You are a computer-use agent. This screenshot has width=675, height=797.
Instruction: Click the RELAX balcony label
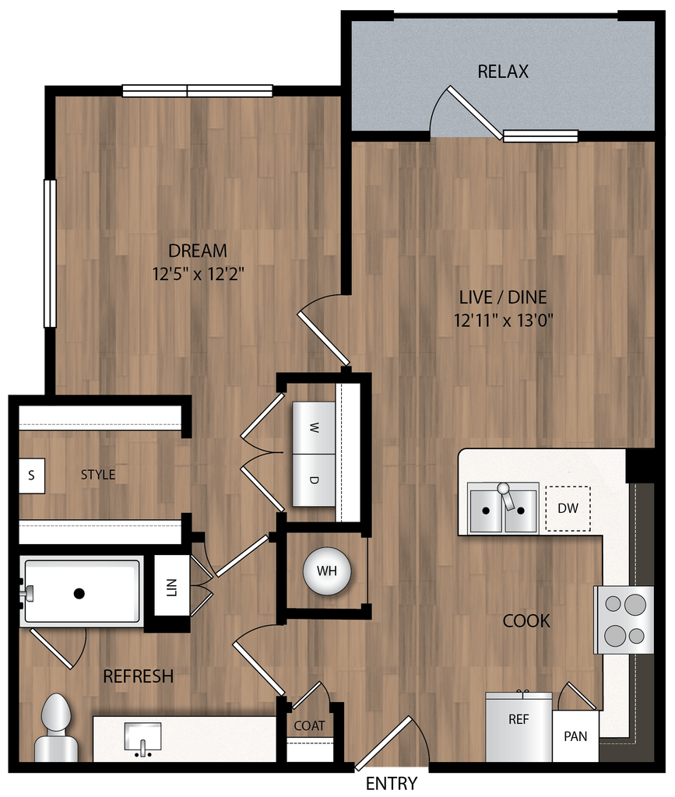pyautogui.click(x=502, y=72)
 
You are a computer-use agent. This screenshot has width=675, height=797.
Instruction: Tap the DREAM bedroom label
pyautogui.click(x=198, y=251)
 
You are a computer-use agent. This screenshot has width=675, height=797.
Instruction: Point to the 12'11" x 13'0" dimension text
pyautogui.click(x=503, y=320)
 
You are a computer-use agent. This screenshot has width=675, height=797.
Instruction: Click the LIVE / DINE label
pyautogui.click(x=503, y=297)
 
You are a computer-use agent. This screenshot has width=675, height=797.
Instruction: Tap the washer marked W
pyautogui.click(x=315, y=427)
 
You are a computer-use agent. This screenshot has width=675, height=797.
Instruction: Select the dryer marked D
pyautogui.click(x=315, y=479)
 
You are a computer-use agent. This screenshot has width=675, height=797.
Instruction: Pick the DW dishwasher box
pyautogui.click(x=568, y=508)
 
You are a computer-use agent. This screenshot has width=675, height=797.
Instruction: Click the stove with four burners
pyautogui.click(x=624, y=620)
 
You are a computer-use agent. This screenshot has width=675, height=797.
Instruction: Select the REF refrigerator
pyautogui.click(x=519, y=726)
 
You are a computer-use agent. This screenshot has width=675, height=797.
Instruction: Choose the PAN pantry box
pyautogui.click(x=575, y=736)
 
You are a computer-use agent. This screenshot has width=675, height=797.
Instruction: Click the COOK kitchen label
pyautogui.click(x=526, y=621)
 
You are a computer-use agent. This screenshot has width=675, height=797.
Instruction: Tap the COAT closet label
pyautogui.click(x=309, y=725)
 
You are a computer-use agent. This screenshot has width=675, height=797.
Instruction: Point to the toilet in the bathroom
pyautogui.click(x=56, y=728)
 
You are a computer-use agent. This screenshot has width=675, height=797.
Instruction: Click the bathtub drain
pyautogui.click(x=79, y=593)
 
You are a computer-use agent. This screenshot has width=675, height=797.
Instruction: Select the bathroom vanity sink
pyautogui.click(x=142, y=736)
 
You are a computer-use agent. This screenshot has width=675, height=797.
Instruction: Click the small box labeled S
pyautogui.click(x=31, y=475)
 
